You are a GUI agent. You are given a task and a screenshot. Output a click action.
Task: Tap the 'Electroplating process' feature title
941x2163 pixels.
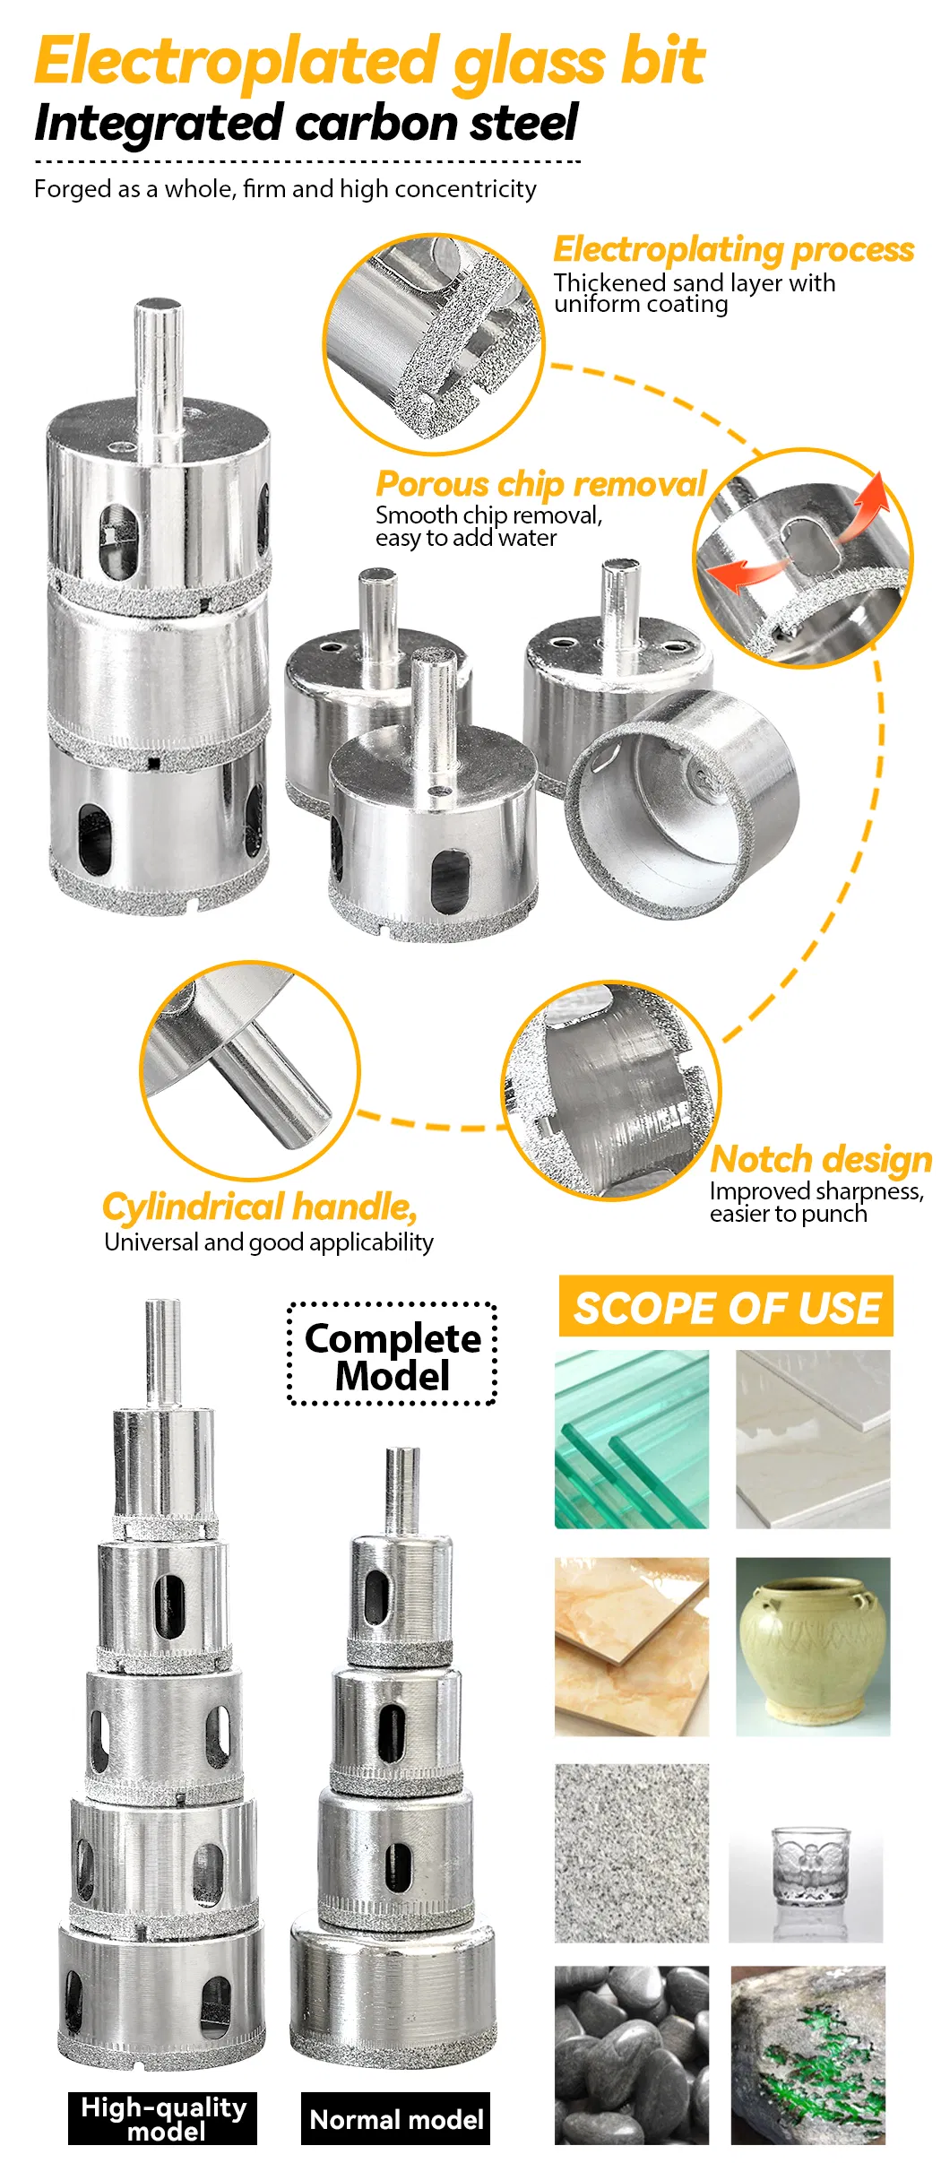click(x=733, y=249)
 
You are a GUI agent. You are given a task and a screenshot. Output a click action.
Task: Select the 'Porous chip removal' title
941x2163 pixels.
click(x=541, y=484)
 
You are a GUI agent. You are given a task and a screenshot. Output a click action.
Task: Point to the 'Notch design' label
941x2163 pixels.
click(x=821, y=1159)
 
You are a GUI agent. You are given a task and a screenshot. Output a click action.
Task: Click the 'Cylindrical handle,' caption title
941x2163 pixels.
click(x=260, y=1207)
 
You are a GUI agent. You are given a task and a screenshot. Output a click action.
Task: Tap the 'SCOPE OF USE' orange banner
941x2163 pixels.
click(x=726, y=1306)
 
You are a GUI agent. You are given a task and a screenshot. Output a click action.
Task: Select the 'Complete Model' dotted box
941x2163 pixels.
click(x=392, y=1354)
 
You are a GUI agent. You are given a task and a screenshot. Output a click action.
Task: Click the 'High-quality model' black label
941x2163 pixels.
click(x=162, y=2118)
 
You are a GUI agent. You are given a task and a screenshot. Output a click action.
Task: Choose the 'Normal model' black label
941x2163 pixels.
click(x=395, y=2118)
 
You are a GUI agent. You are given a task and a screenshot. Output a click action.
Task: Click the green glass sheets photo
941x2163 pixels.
click(x=632, y=1440)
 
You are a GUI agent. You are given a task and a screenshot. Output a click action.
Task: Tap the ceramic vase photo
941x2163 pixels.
click(x=813, y=1647)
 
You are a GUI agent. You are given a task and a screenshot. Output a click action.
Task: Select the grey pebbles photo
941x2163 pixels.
click(x=632, y=2055)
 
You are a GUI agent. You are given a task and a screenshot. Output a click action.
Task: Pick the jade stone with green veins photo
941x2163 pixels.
click(x=808, y=2055)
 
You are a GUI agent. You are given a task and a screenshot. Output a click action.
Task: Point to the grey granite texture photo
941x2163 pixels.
click(x=632, y=1854)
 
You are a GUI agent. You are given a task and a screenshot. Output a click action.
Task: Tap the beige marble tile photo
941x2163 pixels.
click(x=632, y=1647)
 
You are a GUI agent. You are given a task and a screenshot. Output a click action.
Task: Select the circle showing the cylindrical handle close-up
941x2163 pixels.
click(x=250, y=1070)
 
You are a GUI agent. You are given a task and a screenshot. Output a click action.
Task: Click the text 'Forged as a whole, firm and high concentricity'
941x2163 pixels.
click(x=285, y=188)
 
